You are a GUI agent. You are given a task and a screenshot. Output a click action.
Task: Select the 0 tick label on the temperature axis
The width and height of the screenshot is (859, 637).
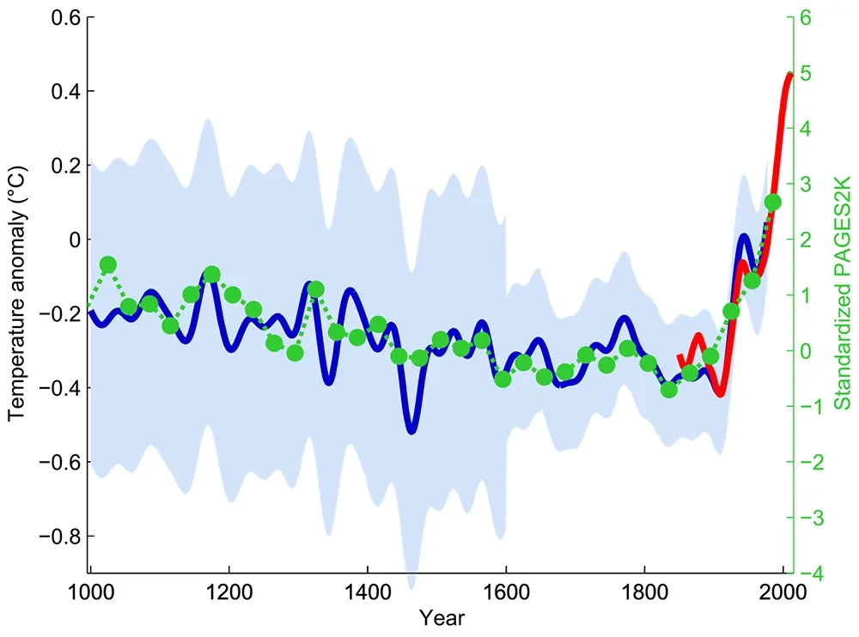click(x=73, y=240)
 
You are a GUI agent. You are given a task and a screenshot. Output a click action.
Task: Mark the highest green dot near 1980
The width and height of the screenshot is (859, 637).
click(x=772, y=203)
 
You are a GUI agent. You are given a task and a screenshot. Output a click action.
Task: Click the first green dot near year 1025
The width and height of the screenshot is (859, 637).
click(x=108, y=264)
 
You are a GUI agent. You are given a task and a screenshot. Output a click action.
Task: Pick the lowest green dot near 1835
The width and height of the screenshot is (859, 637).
click(x=669, y=390)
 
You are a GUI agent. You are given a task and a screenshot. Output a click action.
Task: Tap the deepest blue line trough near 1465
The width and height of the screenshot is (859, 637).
click(x=413, y=430)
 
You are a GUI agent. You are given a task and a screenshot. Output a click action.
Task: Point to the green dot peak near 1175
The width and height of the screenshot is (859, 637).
click(x=211, y=275)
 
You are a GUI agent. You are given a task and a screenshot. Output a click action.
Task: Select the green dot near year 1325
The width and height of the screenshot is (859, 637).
click(x=315, y=289)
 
